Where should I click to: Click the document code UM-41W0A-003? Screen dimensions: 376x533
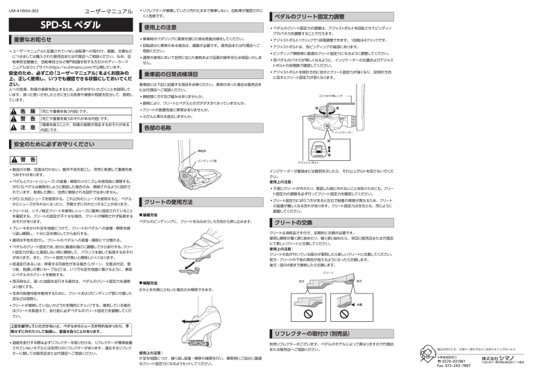pos(24,12)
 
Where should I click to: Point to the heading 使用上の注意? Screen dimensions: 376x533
pos(162,27)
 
